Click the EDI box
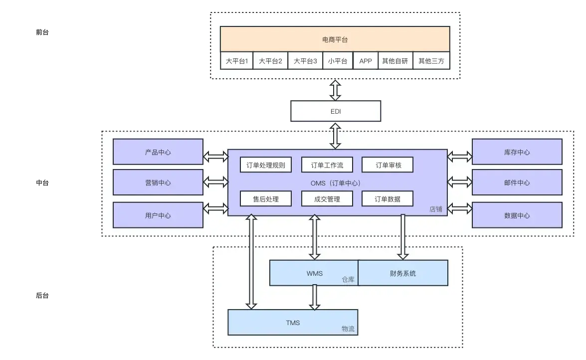click(336, 111)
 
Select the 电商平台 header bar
click(335, 39)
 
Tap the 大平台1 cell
click(237, 61)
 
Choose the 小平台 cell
click(338, 61)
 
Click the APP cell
click(366, 61)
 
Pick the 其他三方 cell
click(431, 61)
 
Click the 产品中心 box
click(158, 152)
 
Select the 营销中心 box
click(158, 182)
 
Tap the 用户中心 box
click(158, 215)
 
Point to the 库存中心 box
click(517, 152)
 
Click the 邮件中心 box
click(517, 182)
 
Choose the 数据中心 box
click(517, 215)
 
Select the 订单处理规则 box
click(265, 165)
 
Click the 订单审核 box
click(388, 165)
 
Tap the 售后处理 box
click(265, 199)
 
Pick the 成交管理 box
click(327, 199)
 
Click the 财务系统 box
click(403, 273)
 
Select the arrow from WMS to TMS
click(314, 297)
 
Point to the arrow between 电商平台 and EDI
click(336, 90)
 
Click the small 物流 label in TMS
click(348, 329)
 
